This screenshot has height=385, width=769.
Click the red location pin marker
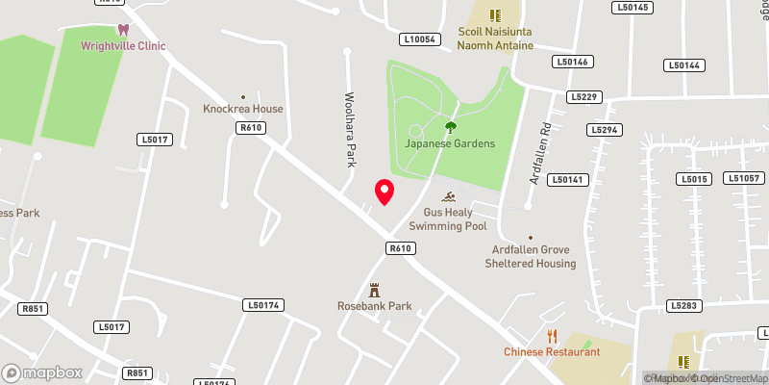click(384, 192)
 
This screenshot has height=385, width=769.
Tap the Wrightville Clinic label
click(124, 45)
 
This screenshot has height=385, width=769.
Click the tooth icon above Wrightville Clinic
click(122, 30)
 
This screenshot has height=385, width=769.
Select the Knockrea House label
click(243, 109)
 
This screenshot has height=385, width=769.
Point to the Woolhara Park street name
click(350, 128)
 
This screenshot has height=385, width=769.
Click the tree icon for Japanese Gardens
click(450, 127)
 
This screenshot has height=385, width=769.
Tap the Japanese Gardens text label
click(450, 143)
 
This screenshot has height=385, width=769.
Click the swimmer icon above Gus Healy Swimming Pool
click(448, 196)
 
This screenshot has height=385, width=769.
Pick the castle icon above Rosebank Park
click(375, 290)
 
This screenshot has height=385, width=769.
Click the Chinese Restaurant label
click(552, 351)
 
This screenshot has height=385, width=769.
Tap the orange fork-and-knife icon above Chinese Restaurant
click(552, 336)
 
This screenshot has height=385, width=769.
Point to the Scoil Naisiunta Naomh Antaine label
click(495, 38)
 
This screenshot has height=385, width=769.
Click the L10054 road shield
click(420, 39)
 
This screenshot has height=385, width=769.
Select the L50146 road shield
click(571, 62)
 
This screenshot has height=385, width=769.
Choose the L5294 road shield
click(606, 129)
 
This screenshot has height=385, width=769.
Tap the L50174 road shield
click(262, 305)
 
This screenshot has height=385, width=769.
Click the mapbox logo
click(42, 372)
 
